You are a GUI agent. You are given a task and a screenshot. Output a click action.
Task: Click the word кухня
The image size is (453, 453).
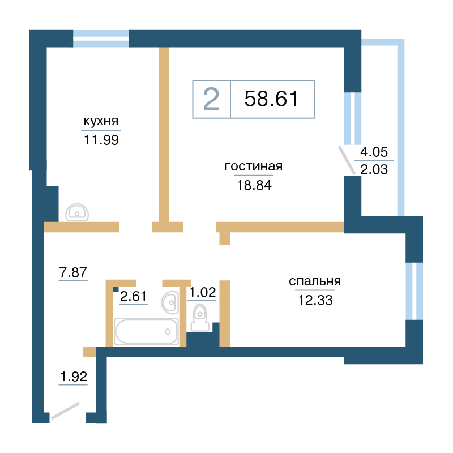click(x=101, y=121)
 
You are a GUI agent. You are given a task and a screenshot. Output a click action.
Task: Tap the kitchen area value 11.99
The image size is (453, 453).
click(x=101, y=140)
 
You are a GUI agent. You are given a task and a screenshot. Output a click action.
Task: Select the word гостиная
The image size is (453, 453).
click(x=253, y=166)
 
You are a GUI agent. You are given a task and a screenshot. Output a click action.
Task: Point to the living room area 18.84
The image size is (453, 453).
click(x=254, y=185)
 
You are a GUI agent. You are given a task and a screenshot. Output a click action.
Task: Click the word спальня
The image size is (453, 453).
click(x=315, y=281)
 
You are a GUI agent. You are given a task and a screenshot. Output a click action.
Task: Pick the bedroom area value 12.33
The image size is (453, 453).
click(x=315, y=300)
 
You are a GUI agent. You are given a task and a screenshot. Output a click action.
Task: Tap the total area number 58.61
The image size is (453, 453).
click(x=271, y=99)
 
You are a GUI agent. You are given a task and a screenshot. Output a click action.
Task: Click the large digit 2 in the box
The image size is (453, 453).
click(x=211, y=99)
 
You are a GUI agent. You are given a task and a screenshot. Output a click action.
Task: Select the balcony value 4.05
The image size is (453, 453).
click(x=374, y=152)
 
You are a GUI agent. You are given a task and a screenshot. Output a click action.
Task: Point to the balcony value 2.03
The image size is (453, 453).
click(x=374, y=169)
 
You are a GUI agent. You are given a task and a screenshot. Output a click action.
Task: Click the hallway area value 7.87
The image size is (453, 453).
click(x=73, y=272)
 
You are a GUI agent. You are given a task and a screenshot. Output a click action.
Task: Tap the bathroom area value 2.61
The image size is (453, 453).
click(x=134, y=296)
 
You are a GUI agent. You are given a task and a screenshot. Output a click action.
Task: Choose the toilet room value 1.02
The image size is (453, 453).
click(x=202, y=292)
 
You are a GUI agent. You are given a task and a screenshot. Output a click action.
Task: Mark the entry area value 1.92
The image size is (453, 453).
click(x=74, y=377)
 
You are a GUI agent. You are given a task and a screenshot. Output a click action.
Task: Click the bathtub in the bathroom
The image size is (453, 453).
click(x=146, y=332)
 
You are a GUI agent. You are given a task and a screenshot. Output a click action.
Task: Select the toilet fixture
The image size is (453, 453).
click(x=200, y=318)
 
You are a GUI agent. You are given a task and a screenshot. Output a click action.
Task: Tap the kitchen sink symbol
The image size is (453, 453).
click(x=77, y=212)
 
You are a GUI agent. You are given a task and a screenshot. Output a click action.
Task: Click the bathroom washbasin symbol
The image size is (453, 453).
click(x=170, y=302)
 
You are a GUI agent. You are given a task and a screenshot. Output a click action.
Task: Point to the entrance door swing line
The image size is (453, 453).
click(x=65, y=411)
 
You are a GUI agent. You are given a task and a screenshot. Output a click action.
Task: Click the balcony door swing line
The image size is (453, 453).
click(x=347, y=160)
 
